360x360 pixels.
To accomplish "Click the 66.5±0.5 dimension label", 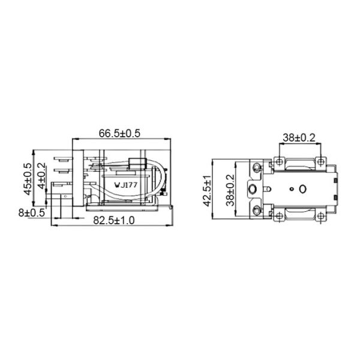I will (119, 133).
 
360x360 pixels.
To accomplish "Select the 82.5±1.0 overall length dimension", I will (114, 220).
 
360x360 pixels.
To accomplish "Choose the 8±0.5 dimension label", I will (31, 212).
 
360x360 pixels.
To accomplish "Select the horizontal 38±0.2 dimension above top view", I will (298, 137).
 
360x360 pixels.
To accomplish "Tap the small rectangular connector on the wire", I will (135, 163).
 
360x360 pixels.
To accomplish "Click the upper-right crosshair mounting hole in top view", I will (320, 161).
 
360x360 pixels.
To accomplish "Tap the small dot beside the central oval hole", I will (291, 190).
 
